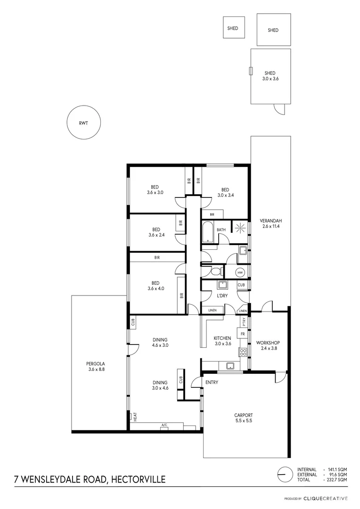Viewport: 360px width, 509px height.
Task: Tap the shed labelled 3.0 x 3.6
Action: point(270,76)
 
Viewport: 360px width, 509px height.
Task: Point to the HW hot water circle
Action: point(240,272)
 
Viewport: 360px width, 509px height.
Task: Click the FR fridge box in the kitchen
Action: point(242,334)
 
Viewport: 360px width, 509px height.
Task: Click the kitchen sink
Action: point(231,365)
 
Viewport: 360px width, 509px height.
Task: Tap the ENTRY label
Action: point(212,382)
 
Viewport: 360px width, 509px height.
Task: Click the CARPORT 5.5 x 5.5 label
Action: point(244,418)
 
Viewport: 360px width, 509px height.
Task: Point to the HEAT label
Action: point(135,417)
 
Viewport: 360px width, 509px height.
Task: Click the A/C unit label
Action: point(164,425)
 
